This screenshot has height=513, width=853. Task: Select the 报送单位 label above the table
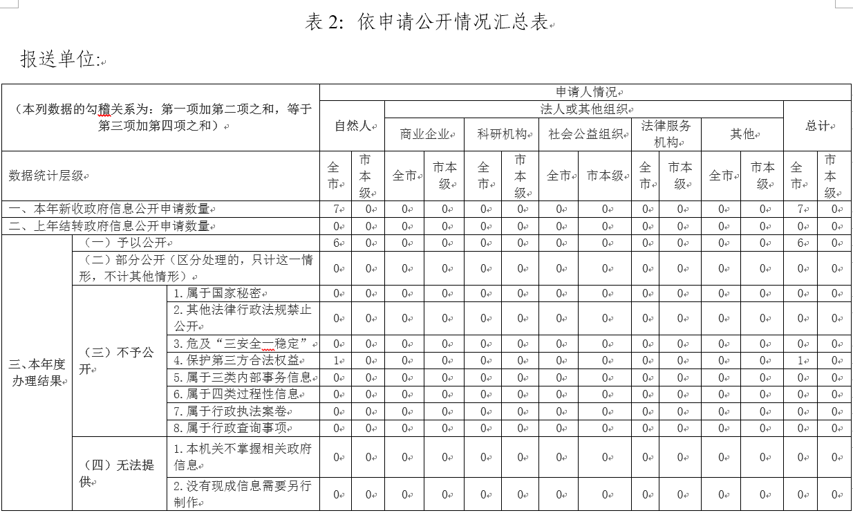[x=58, y=59]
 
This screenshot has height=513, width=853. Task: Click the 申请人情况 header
[x=585, y=93]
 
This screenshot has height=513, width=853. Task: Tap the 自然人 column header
[x=352, y=126]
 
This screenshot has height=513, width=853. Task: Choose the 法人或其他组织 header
[x=583, y=109]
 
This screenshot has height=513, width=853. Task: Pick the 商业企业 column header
[x=424, y=134]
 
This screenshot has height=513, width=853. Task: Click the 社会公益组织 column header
[x=585, y=134]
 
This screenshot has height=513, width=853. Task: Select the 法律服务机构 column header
[x=666, y=134]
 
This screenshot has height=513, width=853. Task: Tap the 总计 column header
[x=817, y=126]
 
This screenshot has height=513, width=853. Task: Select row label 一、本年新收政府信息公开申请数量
[x=109, y=209]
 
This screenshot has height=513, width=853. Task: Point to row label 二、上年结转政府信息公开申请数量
[x=109, y=226]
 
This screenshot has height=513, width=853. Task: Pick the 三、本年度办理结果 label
[x=37, y=372]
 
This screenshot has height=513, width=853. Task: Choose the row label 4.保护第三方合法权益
[x=238, y=360]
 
